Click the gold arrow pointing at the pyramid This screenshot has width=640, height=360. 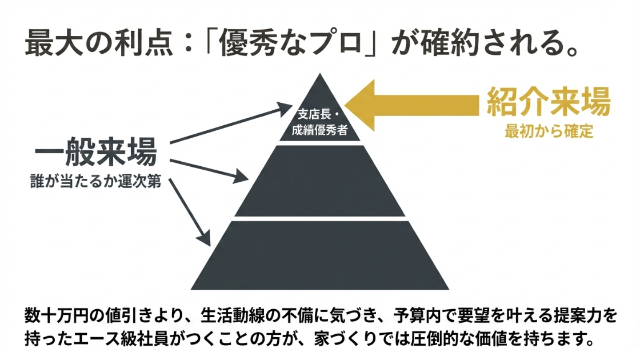coord(411,104)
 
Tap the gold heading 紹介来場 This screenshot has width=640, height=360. coord(549,103)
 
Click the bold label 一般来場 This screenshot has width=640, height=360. coord(95,155)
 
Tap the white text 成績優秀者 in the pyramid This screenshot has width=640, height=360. coord(319,129)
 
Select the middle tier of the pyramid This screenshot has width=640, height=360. coord(320,182)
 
